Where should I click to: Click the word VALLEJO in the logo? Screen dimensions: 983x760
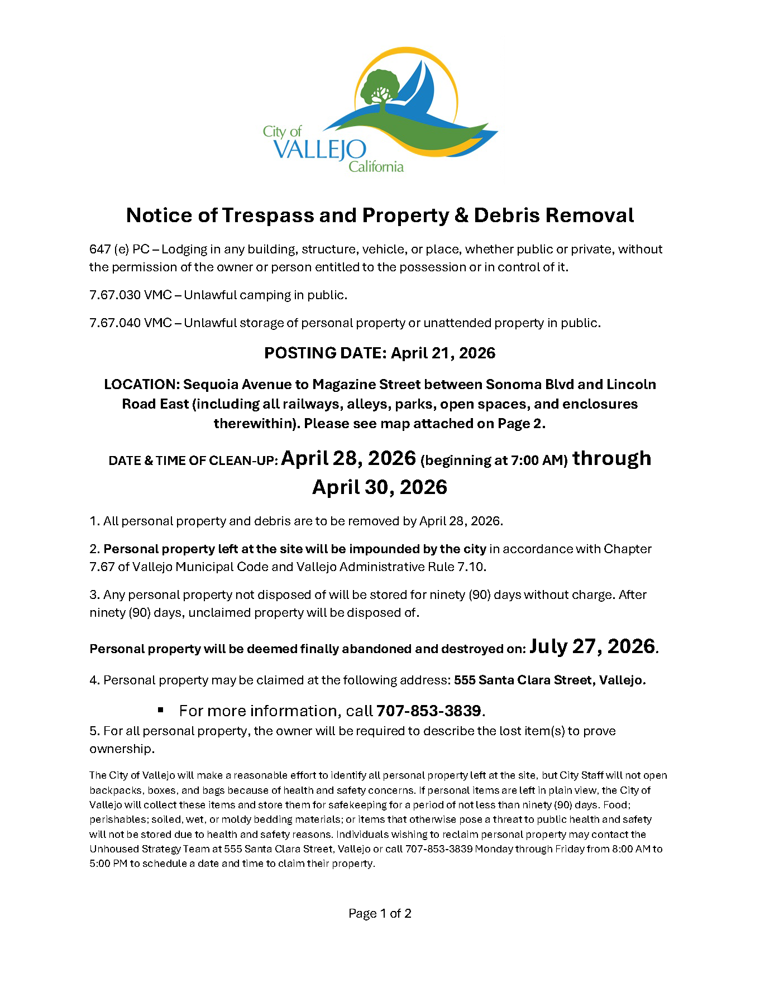pyautogui.click(x=320, y=150)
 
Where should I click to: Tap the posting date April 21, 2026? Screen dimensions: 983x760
pyautogui.click(x=443, y=353)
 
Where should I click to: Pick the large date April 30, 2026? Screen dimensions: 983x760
pyautogui.click(x=380, y=487)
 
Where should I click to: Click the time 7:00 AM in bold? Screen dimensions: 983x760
pyautogui.click(x=541, y=461)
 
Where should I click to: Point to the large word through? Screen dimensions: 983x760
pyautogui.click(x=612, y=458)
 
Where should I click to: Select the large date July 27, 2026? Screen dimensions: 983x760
pyautogui.click(x=592, y=646)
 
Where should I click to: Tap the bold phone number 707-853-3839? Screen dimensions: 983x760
pyautogui.click(x=428, y=711)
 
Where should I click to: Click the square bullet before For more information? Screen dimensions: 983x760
pyautogui.click(x=161, y=710)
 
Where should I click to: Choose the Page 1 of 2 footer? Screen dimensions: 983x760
pyautogui.click(x=380, y=913)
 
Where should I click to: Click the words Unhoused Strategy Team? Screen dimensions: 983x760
pyautogui.click(x=155, y=849)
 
